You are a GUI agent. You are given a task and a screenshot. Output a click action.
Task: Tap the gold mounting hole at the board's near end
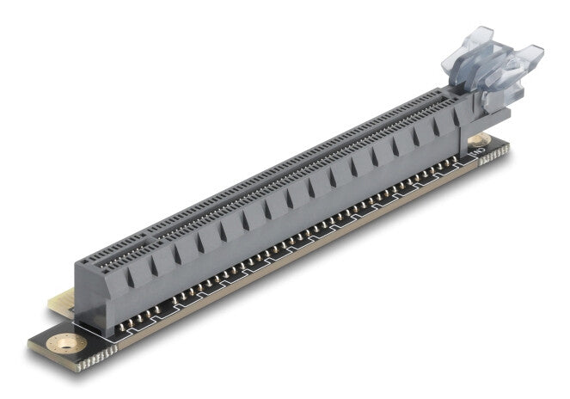[x=62, y=345]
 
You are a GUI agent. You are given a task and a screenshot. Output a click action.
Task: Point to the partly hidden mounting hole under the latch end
[x=478, y=139]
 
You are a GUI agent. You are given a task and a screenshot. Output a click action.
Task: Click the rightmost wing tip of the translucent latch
[x=534, y=53]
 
